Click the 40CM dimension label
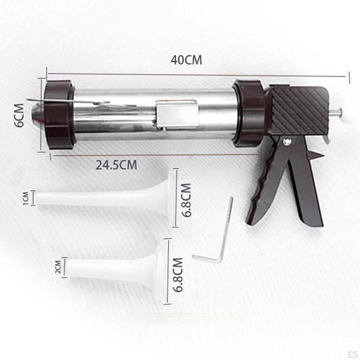[186, 60]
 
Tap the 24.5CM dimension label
[117, 165]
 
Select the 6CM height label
[19, 115]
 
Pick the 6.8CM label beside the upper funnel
[186, 200]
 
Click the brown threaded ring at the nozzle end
[59, 114]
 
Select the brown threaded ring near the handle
[249, 113]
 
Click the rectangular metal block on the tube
[177, 114]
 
